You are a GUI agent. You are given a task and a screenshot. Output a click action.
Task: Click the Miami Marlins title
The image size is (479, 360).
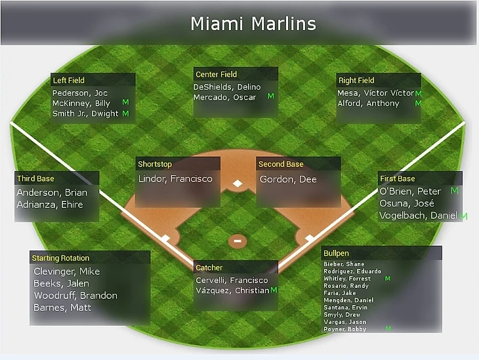(253, 24)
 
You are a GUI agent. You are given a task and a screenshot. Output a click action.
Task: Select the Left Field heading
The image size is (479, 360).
(69, 80)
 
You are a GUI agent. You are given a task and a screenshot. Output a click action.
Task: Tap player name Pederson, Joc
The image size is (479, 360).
(80, 93)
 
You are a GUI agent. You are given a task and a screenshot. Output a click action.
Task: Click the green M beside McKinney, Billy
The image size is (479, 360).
(125, 102)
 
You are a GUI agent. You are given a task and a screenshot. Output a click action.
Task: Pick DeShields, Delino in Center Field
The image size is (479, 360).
(227, 87)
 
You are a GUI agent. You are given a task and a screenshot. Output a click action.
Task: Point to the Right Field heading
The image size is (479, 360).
(356, 80)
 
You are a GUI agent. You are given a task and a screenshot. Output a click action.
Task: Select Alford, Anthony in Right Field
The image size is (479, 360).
(368, 104)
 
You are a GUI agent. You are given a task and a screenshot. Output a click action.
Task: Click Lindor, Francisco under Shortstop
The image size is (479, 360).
(175, 178)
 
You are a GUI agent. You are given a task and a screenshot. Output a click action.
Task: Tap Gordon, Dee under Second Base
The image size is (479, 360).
(288, 179)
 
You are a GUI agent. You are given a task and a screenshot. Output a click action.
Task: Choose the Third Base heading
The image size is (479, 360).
(35, 178)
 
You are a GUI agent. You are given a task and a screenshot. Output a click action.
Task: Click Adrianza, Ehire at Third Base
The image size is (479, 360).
(50, 205)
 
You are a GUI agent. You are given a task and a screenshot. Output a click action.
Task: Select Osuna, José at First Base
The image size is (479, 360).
(407, 204)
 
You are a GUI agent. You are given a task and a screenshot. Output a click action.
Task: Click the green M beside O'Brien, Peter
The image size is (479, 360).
(455, 191)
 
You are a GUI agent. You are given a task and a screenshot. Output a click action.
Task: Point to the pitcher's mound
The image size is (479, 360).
(238, 241)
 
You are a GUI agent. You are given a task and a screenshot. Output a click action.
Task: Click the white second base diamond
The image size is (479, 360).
(238, 184)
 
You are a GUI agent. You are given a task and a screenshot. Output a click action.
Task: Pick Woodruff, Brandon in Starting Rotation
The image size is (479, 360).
(75, 296)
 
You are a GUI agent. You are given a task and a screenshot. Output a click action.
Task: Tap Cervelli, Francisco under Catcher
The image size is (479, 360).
(232, 280)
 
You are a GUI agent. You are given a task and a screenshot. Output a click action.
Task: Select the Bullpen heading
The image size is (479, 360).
(336, 253)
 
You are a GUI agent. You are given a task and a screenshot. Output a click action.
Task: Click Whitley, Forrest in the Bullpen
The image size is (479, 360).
(347, 279)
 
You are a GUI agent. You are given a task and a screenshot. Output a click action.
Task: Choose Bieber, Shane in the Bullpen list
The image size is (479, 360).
(344, 264)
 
